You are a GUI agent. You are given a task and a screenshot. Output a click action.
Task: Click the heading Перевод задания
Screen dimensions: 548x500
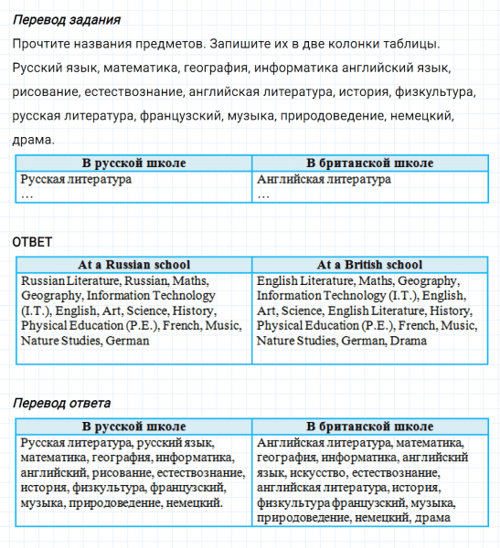[x=68, y=19]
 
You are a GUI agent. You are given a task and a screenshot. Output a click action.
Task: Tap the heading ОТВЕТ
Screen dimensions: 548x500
[x=32, y=241]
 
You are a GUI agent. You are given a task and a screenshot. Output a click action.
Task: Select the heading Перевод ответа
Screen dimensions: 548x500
[x=62, y=403]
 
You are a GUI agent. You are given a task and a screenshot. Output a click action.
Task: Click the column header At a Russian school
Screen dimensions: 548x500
[x=133, y=265]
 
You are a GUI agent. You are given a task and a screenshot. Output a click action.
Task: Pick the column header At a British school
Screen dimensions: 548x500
[x=369, y=265]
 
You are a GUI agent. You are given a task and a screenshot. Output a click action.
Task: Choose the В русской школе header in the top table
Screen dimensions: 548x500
[x=133, y=163]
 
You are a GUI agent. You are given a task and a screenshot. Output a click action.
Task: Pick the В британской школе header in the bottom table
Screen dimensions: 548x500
[x=369, y=427]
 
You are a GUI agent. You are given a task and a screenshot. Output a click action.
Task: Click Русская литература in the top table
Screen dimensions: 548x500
[x=76, y=180]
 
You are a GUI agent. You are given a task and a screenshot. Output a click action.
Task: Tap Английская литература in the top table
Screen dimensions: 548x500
[x=324, y=180]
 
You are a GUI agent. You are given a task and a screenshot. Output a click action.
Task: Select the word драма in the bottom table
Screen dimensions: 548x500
[x=432, y=518]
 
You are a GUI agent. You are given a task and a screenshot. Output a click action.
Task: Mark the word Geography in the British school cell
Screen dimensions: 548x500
[x=428, y=281]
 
